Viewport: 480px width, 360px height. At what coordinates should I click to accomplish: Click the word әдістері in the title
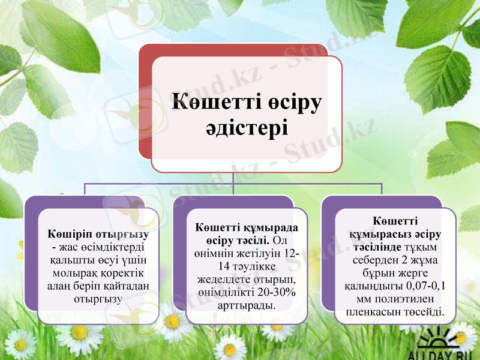(247, 128)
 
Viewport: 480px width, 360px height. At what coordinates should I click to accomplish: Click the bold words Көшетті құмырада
(247, 227)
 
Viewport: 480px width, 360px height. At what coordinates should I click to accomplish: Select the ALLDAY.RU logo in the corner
(444, 345)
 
